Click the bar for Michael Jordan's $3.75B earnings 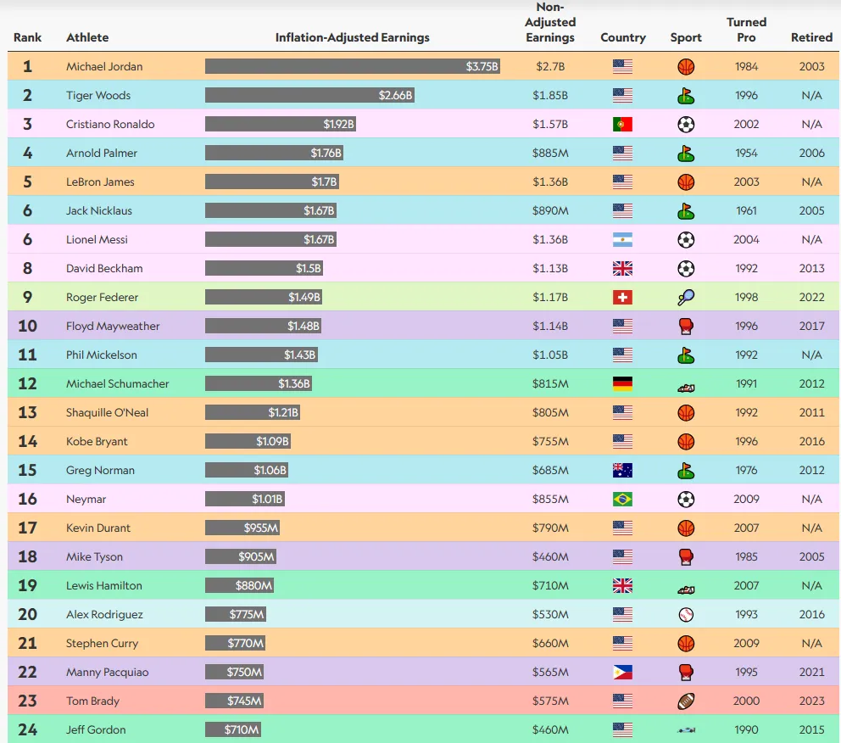pos(352,66)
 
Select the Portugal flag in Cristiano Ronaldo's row pos(622,124)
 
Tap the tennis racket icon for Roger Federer pos(686,297)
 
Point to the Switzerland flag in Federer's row pos(622,297)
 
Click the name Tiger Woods pos(98,95)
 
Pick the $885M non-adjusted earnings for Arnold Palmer pos(550,153)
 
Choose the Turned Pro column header pos(746,30)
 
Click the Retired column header pos(811,37)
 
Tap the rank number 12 pos(27,383)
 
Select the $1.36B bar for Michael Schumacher pos(258,383)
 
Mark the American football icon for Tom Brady pos(686,701)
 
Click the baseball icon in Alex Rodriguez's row pos(686,614)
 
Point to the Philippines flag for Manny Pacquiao pos(622,672)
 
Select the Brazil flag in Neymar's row pos(622,499)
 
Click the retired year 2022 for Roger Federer pos(811,297)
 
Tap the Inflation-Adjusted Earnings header pos(352,37)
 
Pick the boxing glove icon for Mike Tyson pos(686,556)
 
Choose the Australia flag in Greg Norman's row pos(622,470)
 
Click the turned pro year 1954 pos(746,153)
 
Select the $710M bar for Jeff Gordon pos(232,729)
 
